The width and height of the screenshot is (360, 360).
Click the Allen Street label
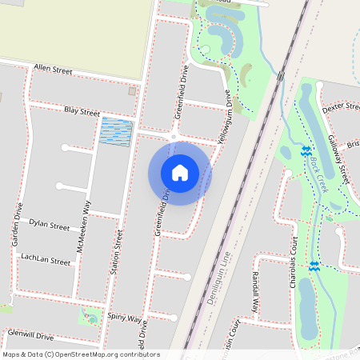coord(53,70)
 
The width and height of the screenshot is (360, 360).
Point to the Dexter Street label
coord(338,106)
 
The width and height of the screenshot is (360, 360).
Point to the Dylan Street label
coord(49,225)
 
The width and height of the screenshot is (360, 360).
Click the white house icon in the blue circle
coord(179,173)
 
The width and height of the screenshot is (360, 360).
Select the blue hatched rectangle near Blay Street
coord(116,132)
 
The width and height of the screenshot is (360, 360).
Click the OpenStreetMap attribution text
coord(81,354)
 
